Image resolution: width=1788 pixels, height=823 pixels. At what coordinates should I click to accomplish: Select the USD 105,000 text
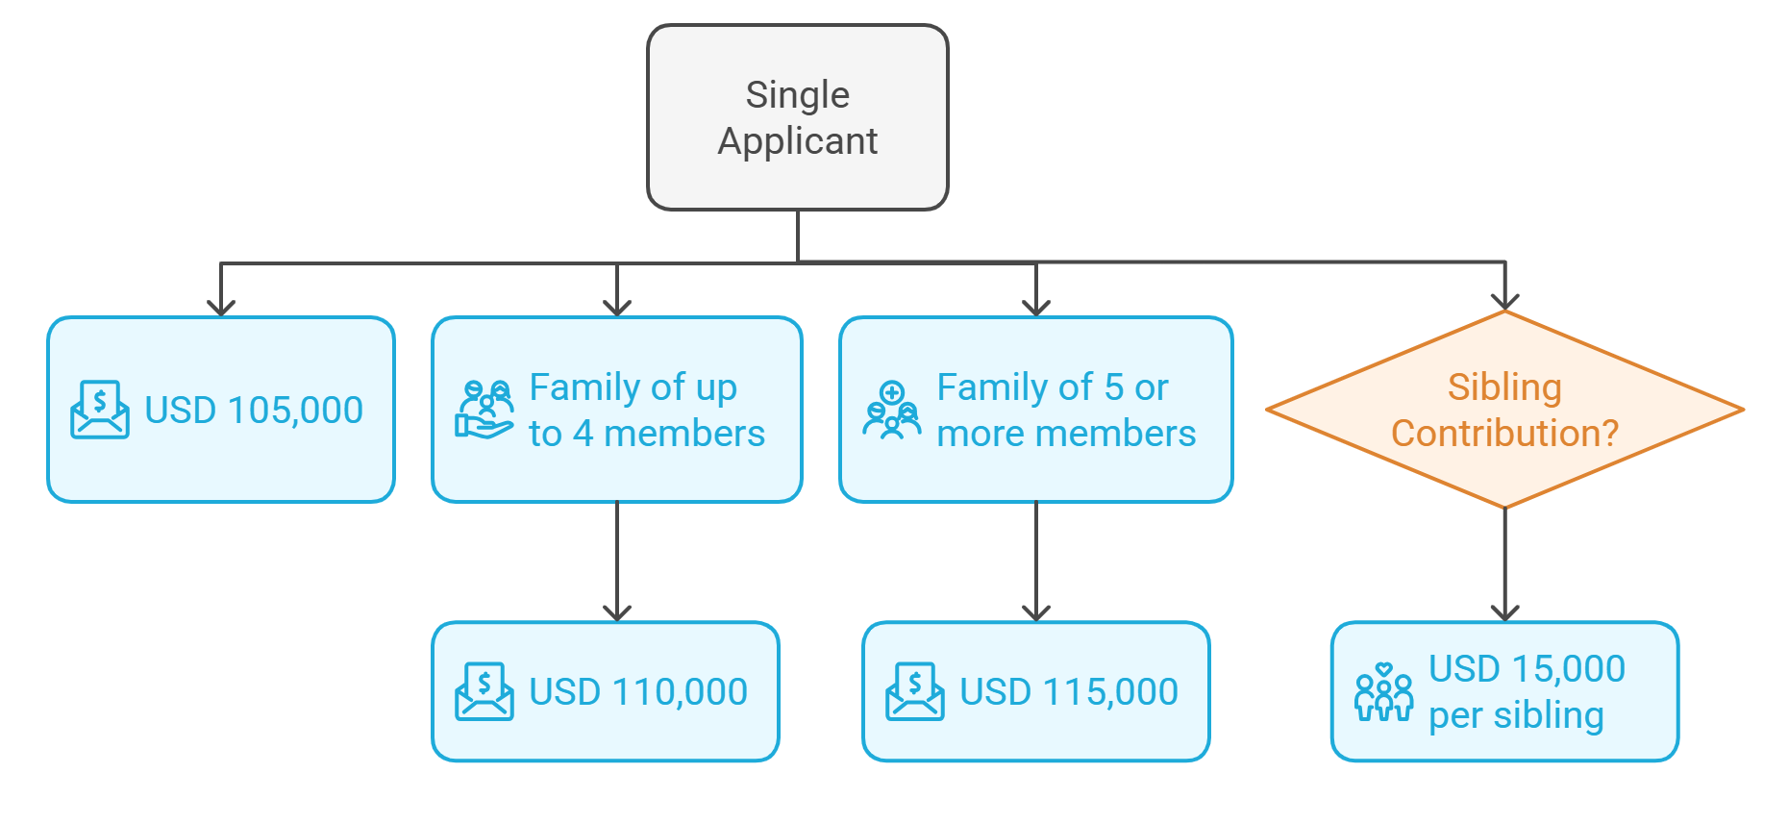click(x=254, y=411)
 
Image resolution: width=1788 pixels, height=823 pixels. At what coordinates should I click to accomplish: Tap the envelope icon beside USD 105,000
click(x=100, y=411)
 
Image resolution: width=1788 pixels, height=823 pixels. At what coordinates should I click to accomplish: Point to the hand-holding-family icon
click(x=484, y=411)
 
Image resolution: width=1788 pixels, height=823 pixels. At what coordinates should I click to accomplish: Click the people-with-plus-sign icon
click(x=891, y=411)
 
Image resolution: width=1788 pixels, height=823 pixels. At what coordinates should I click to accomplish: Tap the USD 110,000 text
click(x=638, y=692)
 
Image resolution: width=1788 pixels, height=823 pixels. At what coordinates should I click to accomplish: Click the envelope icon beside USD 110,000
click(x=484, y=692)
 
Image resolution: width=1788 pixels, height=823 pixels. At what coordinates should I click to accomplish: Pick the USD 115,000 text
click(x=1069, y=692)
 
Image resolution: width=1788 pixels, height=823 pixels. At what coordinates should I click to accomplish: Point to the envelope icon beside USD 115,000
click(x=914, y=692)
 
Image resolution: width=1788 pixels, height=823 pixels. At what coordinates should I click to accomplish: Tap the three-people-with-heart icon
click(x=1383, y=692)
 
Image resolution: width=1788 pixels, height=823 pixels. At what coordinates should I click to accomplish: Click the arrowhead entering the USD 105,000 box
click(x=221, y=306)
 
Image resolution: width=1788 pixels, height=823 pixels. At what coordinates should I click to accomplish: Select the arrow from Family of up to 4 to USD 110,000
click(x=617, y=562)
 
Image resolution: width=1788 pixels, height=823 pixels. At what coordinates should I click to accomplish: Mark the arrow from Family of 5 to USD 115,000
click(x=1036, y=562)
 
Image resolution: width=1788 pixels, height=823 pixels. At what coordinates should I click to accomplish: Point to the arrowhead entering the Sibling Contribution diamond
click(x=1504, y=300)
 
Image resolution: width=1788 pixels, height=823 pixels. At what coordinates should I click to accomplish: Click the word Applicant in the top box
click(x=797, y=141)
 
